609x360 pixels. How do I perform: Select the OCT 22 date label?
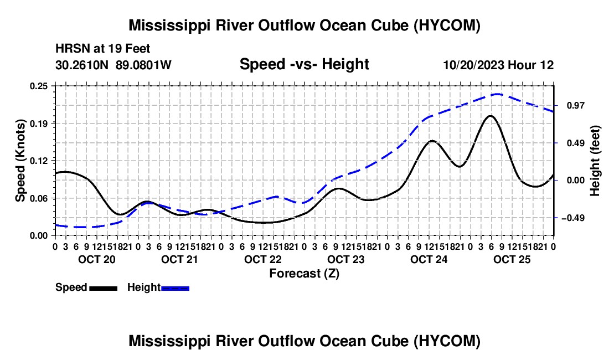[262, 259]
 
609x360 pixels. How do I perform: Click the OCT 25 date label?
[512, 259]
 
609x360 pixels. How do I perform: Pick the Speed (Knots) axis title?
[20, 161]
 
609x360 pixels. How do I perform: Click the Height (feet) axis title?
[595, 161]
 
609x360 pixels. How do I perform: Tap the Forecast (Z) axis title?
[304, 274]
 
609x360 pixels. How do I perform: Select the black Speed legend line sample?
[104, 288]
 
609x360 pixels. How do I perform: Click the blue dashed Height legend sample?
[175, 288]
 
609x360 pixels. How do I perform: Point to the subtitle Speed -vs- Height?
[304, 64]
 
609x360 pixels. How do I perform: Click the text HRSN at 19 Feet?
[103, 49]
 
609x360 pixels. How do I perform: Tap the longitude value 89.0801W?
[143, 65]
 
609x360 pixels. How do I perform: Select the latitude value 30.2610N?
[82, 65]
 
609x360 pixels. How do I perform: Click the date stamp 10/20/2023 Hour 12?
[499, 65]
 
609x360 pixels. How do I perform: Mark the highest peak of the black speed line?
[491, 116]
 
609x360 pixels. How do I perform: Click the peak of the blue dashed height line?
[497, 94]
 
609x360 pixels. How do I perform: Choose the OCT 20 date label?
[97, 259]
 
